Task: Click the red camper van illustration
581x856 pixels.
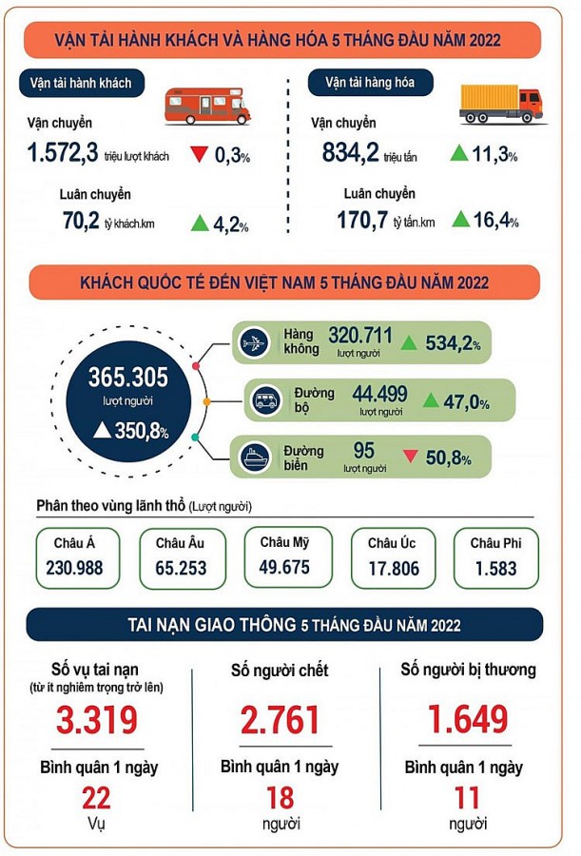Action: point(207,103)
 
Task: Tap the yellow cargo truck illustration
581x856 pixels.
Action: point(500,103)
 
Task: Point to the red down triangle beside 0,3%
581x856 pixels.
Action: point(200,154)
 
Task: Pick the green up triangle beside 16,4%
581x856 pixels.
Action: point(460,220)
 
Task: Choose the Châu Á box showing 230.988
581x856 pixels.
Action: point(82,558)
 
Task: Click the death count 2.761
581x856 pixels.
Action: point(280,720)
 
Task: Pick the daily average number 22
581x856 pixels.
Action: point(92,797)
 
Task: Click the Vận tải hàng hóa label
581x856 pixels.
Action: point(371,83)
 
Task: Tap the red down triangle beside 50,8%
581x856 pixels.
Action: point(411,457)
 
